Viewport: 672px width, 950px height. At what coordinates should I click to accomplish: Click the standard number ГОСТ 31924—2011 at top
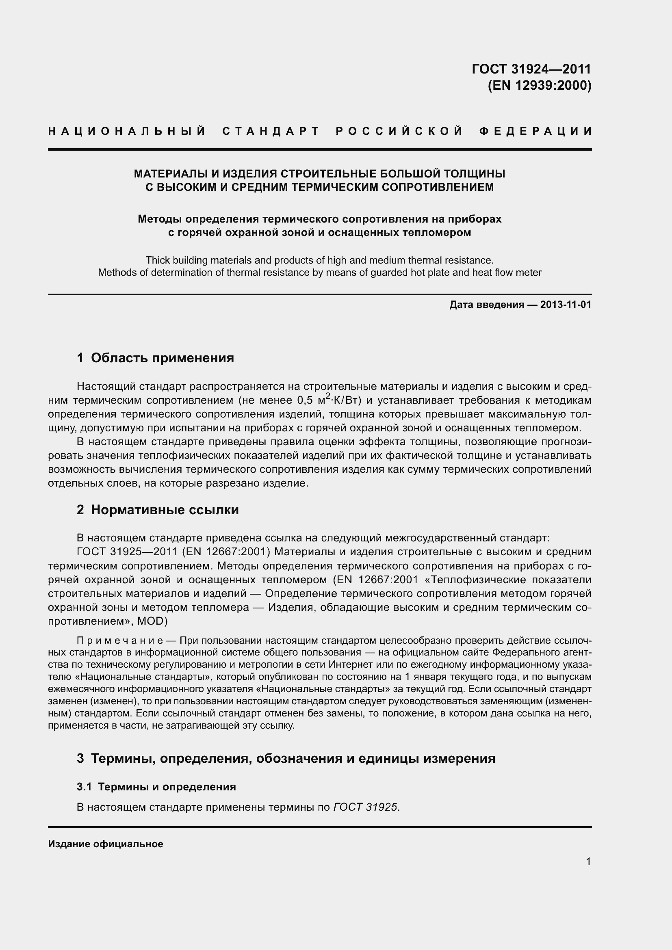pyautogui.click(x=531, y=69)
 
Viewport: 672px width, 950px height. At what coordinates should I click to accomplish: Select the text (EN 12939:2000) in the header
pyautogui.click(x=540, y=85)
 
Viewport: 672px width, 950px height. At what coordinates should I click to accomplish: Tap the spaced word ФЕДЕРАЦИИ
pyautogui.click(x=535, y=132)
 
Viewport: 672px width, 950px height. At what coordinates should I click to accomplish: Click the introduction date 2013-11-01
pyautogui.click(x=566, y=305)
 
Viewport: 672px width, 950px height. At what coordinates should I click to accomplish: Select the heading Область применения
pyautogui.click(x=162, y=357)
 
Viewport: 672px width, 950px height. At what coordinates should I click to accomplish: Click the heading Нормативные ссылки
pyautogui.click(x=165, y=510)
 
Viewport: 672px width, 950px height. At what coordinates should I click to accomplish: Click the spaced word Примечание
pyautogui.click(x=120, y=641)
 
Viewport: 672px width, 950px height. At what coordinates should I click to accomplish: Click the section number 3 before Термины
pyautogui.click(x=80, y=758)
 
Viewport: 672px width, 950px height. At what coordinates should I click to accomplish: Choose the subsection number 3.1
pyautogui.click(x=84, y=787)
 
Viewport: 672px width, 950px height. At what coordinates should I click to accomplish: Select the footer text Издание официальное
pyautogui.click(x=106, y=844)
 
